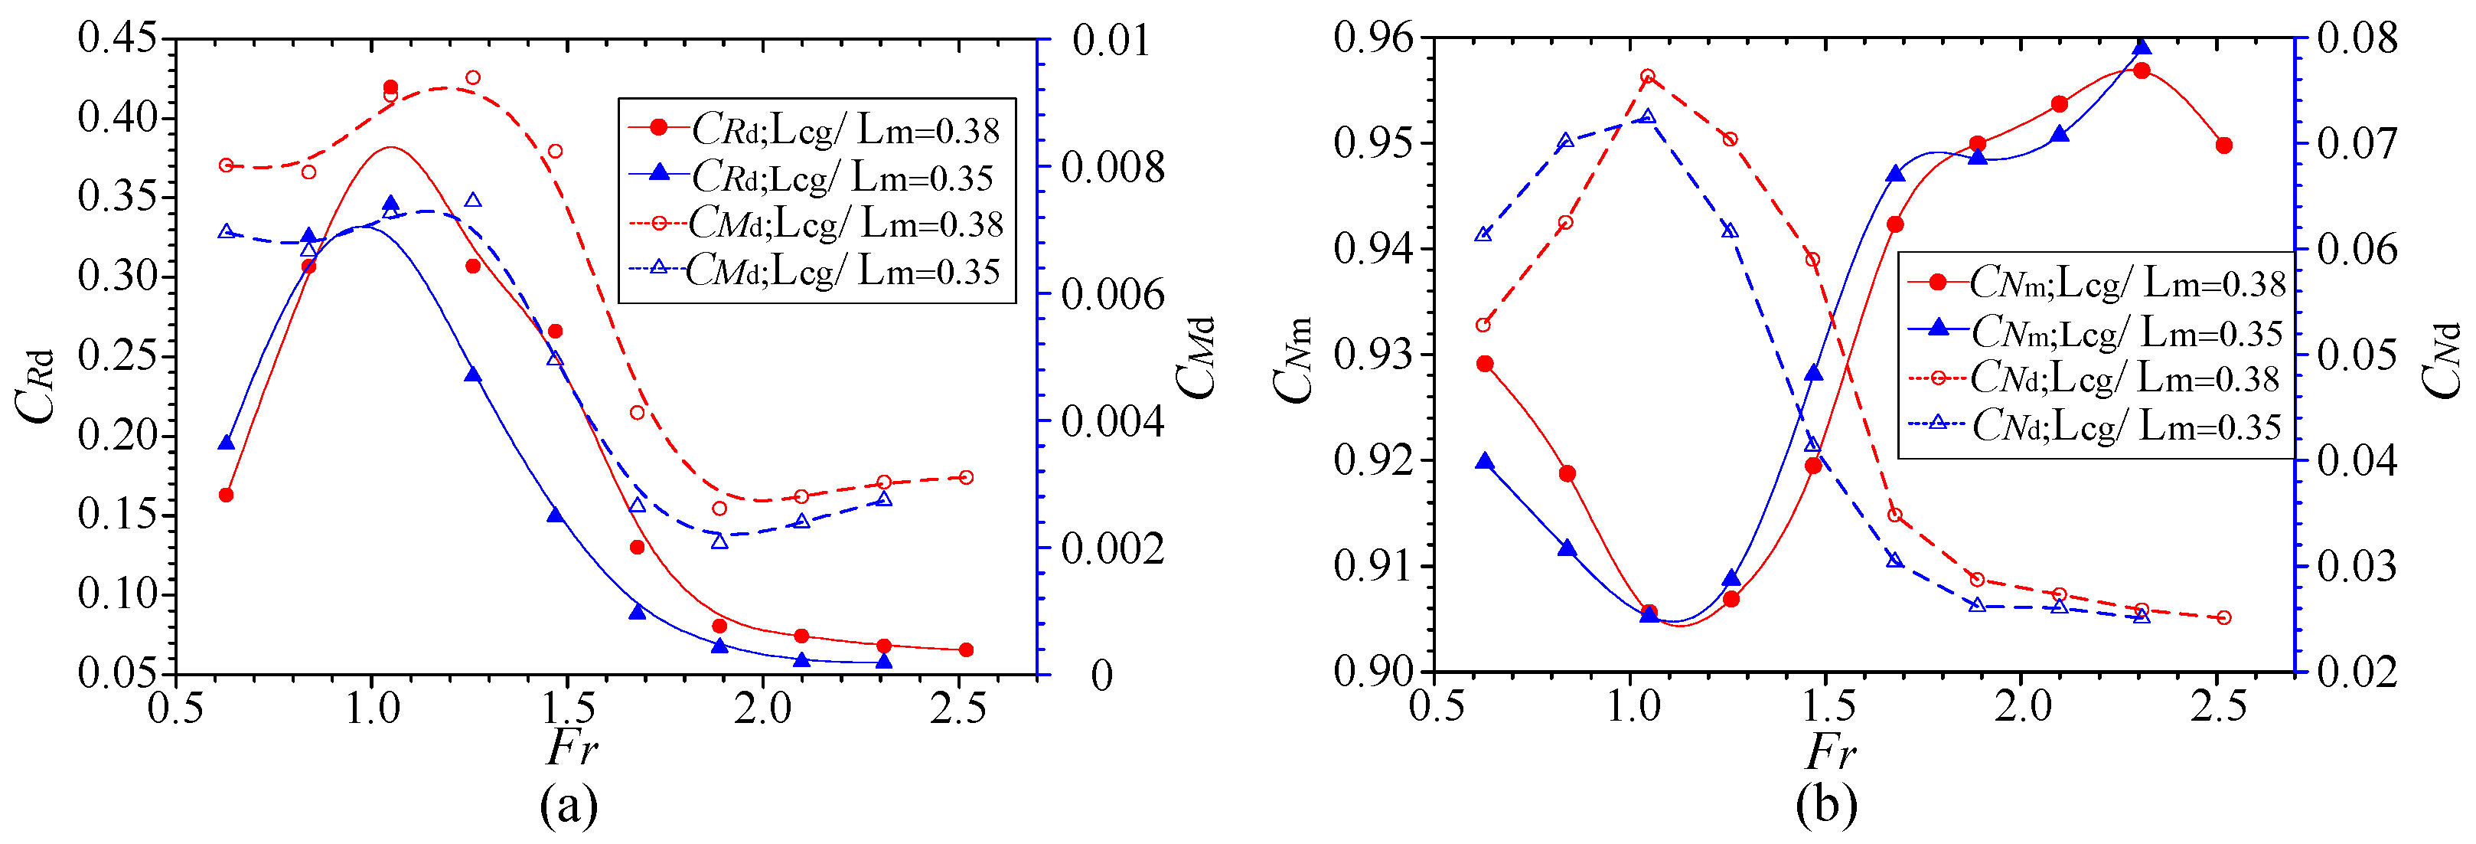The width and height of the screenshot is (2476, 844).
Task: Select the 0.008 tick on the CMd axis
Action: (1112, 167)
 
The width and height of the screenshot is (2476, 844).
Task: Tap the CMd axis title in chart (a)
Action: (1196, 358)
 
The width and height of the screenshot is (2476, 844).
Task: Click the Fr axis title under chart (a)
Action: (571, 747)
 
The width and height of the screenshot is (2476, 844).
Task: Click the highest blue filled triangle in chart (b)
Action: (2142, 47)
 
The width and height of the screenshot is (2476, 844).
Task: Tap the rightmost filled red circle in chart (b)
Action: (2223, 146)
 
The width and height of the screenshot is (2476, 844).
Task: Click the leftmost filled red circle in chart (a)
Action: (226, 495)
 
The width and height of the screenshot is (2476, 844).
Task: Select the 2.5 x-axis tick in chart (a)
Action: (958, 709)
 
